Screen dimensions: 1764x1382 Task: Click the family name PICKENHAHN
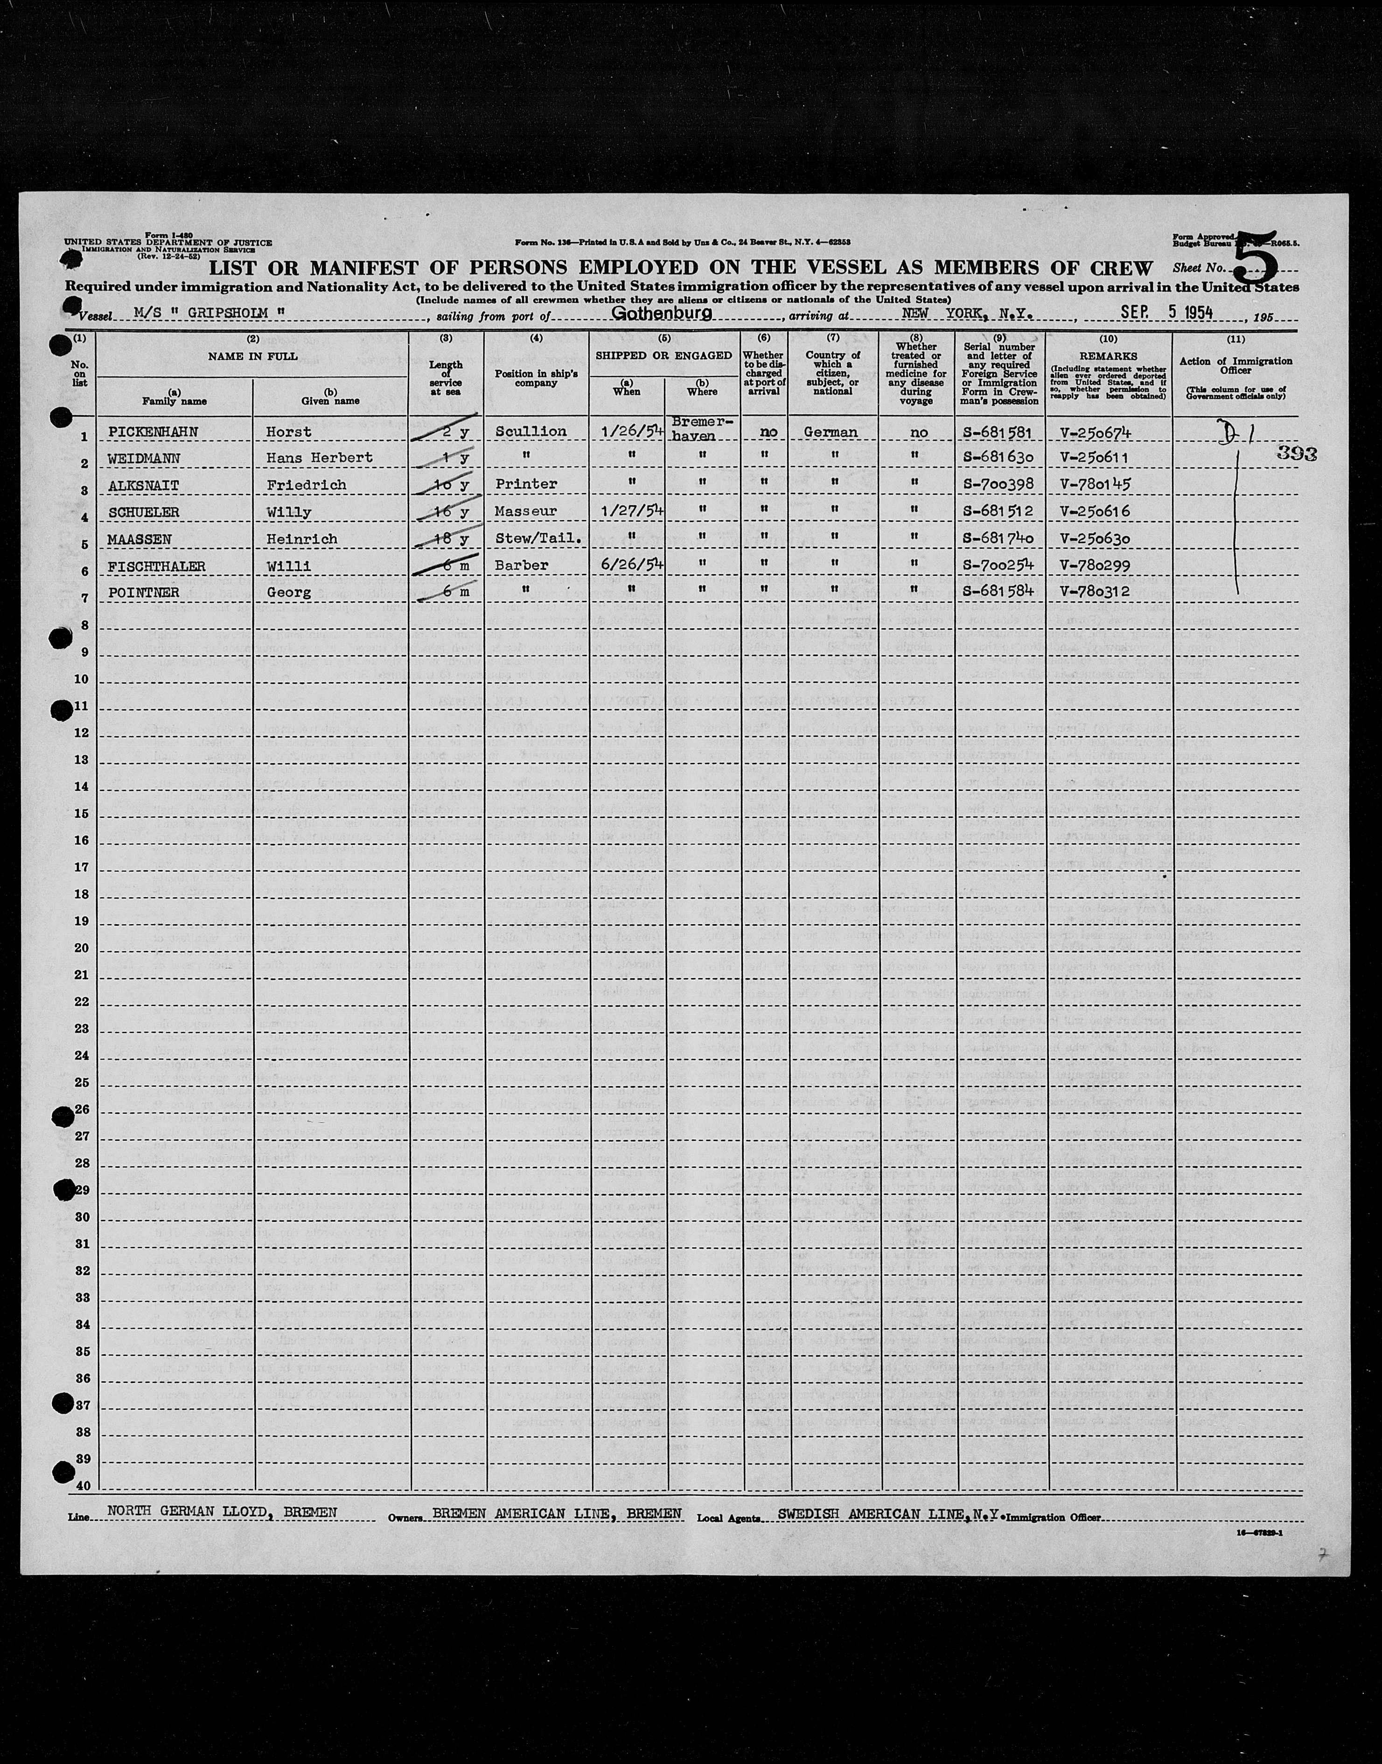pos(153,432)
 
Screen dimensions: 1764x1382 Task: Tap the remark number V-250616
pos(1094,511)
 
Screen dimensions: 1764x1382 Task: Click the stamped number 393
pos(1296,454)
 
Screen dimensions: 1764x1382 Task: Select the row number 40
pos(83,1485)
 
